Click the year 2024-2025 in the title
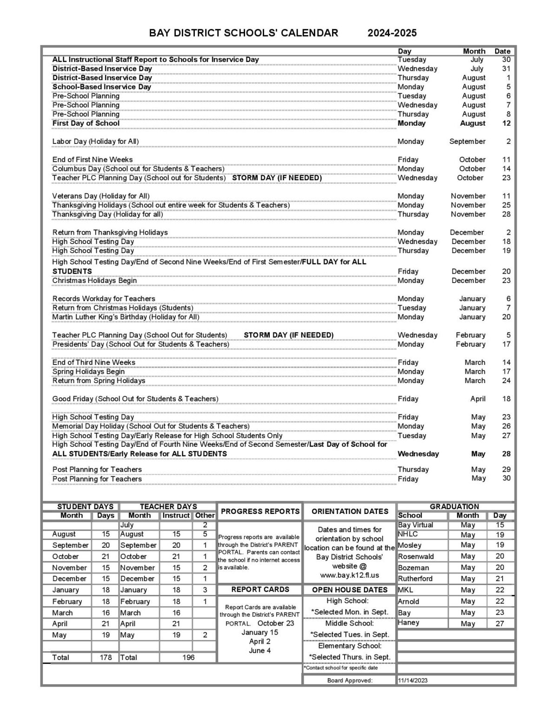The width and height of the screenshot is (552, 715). coord(392,33)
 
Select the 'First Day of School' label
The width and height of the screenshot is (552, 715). coord(86,123)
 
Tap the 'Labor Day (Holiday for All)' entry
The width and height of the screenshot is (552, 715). coord(95,142)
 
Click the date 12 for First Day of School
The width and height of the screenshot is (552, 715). coord(506,123)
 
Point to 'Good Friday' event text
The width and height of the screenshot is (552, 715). coord(135,399)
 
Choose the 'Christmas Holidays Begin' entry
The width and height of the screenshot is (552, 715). coord(94,281)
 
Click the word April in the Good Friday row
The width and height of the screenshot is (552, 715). coord(478,399)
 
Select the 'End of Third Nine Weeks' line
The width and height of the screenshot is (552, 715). coord(93,363)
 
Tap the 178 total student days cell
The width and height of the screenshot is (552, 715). coord(106,657)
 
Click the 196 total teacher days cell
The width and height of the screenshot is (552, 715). coord(188,657)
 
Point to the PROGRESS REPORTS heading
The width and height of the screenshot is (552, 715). coord(260,511)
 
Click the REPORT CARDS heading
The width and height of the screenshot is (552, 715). coord(260,589)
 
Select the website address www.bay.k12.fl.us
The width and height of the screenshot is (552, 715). coord(349,575)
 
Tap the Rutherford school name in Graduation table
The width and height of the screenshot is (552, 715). coord(415,579)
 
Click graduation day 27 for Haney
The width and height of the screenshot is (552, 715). coord(499,624)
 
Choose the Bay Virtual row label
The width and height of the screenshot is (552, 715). coord(415,525)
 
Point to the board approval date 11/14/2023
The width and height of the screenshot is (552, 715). coord(412,681)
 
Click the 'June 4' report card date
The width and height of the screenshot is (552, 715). coord(259,650)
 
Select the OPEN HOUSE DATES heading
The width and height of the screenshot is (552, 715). coord(349,590)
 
